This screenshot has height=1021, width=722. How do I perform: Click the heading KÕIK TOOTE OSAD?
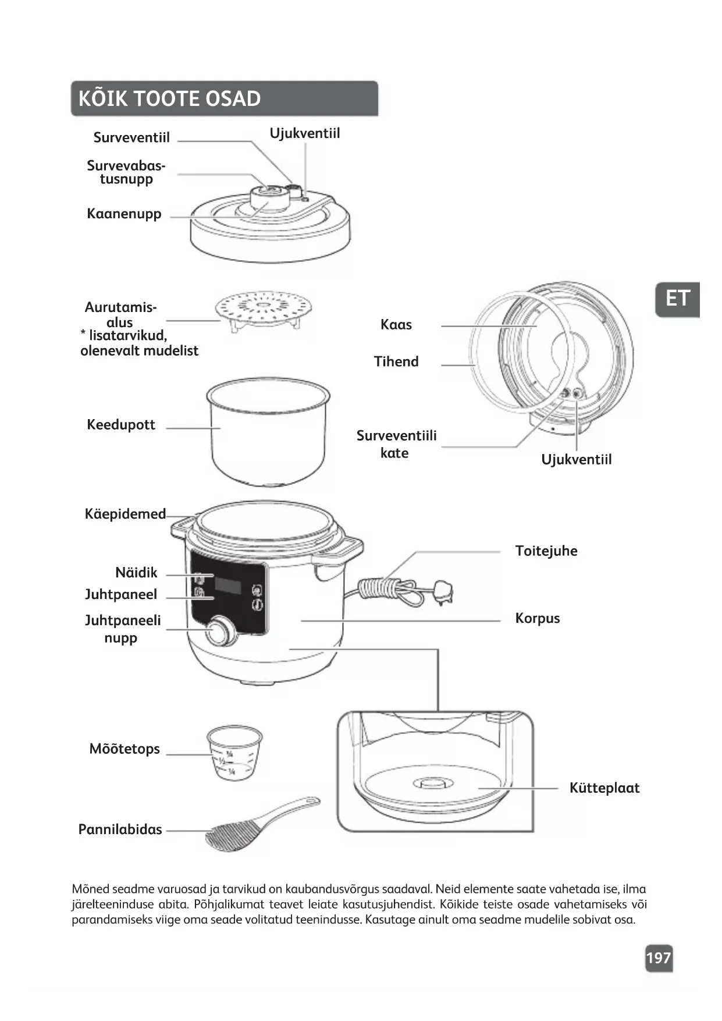(x=169, y=99)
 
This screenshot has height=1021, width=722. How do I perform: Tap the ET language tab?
(x=677, y=299)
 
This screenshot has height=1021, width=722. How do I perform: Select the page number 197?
(x=659, y=958)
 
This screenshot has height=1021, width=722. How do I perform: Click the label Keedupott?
(x=121, y=425)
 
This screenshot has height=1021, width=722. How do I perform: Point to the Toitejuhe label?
(x=546, y=551)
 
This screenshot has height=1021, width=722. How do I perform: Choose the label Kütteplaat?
(x=604, y=788)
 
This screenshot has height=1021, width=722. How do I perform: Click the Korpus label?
(x=537, y=618)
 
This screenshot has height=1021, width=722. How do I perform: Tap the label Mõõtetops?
(x=125, y=749)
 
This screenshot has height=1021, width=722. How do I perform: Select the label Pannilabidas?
(x=120, y=829)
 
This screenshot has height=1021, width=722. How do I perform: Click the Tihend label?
(x=396, y=361)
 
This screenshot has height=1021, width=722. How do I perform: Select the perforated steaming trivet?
(x=263, y=309)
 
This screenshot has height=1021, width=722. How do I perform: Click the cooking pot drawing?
(x=268, y=430)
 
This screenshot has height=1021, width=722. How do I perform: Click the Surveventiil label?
(x=131, y=138)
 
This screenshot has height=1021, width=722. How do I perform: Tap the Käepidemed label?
(x=125, y=514)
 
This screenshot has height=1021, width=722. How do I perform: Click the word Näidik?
(x=136, y=573)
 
